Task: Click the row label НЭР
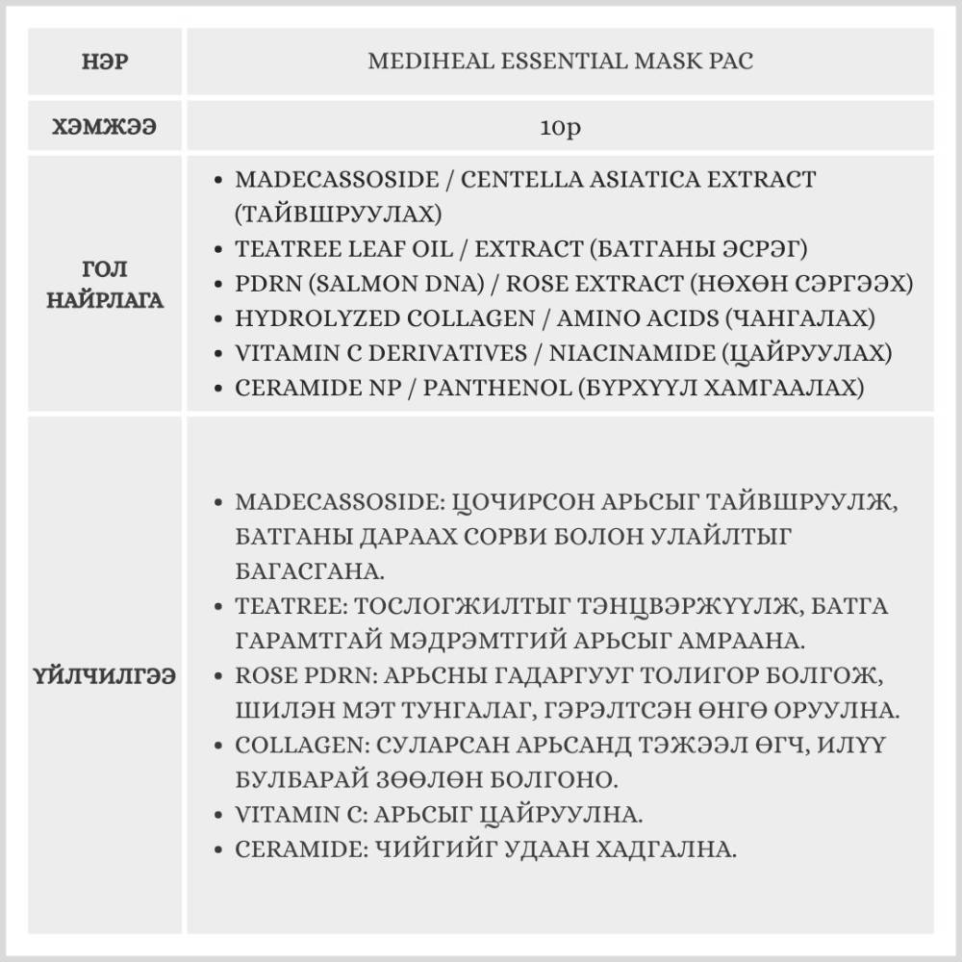(x=106, y=63)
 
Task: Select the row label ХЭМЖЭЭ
(x=106, y=128)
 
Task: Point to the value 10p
(x=560, y=128)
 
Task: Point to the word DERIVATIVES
(x=448, y=352)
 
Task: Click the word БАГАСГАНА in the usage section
(x=310, y=571)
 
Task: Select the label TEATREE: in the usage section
(x=291, y=607)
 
